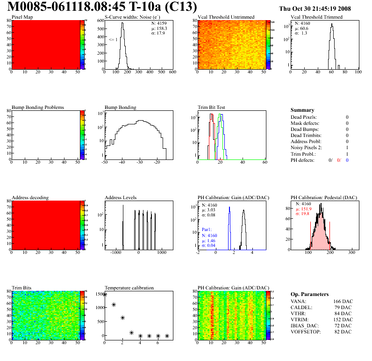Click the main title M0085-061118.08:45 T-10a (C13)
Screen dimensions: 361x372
click(x=102, y=7)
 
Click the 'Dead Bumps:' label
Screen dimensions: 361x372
click(x=303, y=130)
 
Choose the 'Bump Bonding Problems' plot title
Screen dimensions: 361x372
click(x=38, y=108)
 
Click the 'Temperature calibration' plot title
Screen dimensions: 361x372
click(x=129, y=288)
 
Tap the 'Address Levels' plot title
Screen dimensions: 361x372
click(x=121, y=198)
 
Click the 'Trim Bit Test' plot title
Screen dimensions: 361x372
click(x=211, y=108)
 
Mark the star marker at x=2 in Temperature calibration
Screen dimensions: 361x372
click(x=122, y=318)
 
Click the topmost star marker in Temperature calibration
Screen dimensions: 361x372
click(x=105, y=295)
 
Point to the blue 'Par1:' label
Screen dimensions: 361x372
click(x=207, y=230)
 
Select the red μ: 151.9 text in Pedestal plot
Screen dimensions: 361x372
click(x=304, y=209)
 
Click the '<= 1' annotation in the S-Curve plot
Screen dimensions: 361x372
click(x=113, y=40)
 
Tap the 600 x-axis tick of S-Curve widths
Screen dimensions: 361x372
click(x=172, y=72)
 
